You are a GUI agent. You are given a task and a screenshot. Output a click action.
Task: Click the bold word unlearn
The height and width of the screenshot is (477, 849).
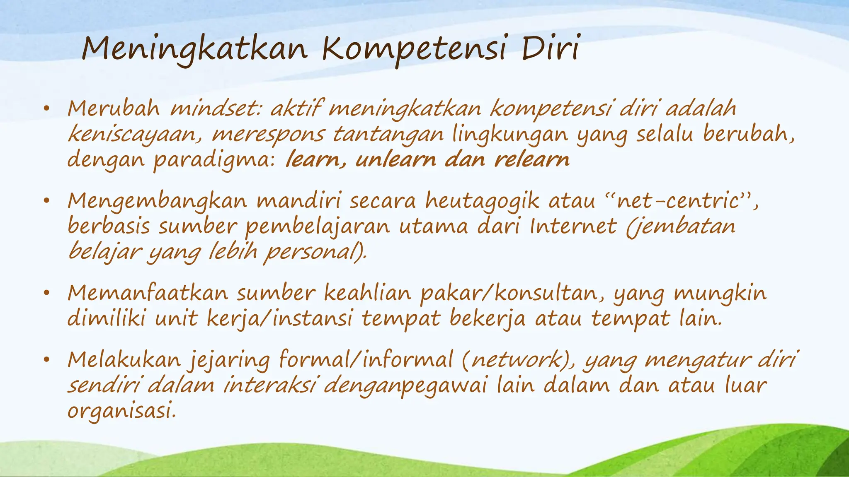[x=396, y=160]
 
